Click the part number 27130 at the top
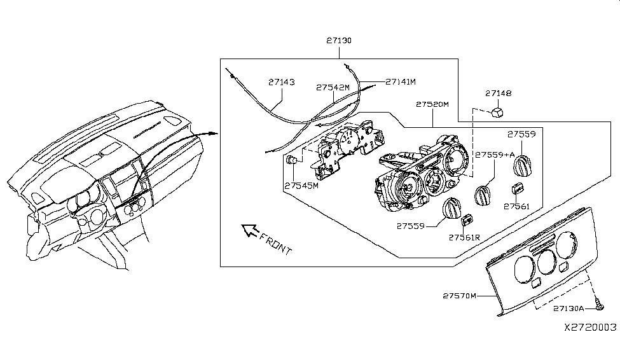[339, 40]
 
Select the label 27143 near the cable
[280, 82]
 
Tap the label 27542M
[333, 88]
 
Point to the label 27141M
[400, 82]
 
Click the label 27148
[499, 93]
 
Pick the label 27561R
[464, 237]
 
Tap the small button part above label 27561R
[468, 219]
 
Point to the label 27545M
[301, 186]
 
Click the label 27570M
[459, 296]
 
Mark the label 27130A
[568, 308]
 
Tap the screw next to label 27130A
[600, 308]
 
